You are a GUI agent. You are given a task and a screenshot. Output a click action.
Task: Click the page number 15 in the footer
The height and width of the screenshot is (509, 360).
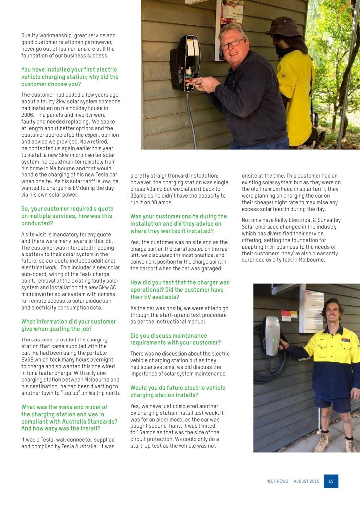pos(331,481)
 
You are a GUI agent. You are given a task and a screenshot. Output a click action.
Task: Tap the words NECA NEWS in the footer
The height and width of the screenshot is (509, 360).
pos(277,482)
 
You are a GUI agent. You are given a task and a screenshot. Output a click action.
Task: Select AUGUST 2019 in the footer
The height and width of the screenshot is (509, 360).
pos(307,482)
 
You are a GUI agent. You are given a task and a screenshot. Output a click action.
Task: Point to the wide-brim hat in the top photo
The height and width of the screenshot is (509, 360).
pos(283,27)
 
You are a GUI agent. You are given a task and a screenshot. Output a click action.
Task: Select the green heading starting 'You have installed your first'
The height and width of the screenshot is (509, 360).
pos(70,77)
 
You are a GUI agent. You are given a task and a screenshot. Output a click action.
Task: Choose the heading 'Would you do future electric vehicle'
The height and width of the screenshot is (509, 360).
pos(178,391)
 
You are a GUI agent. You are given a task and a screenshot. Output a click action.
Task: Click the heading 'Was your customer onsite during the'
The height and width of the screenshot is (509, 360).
pos(179,223)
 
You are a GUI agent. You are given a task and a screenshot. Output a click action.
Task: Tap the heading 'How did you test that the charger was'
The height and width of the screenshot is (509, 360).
pos(180,289)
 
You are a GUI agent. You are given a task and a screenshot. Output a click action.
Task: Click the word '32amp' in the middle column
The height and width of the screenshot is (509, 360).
pos(139,196)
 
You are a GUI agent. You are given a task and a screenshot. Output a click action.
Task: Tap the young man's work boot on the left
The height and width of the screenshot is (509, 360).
pos(322,440)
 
